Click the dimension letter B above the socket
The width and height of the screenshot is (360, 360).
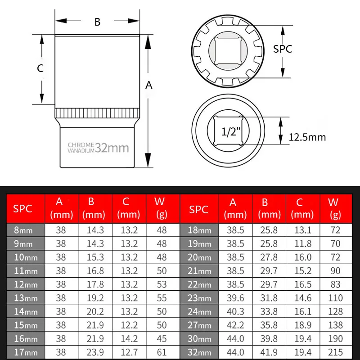(x=97, y=22)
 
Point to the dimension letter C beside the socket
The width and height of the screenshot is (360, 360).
(x=40, y=68)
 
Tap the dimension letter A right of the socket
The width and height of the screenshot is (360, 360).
(x=149, y=85)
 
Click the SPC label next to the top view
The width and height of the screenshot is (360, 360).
(x=283, y=49)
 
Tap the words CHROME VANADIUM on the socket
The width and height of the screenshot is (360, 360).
(x=81, y=148)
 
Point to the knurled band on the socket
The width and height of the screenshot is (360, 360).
(x=97, y=112)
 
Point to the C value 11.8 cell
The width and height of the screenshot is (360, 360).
(x=302, y=243)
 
